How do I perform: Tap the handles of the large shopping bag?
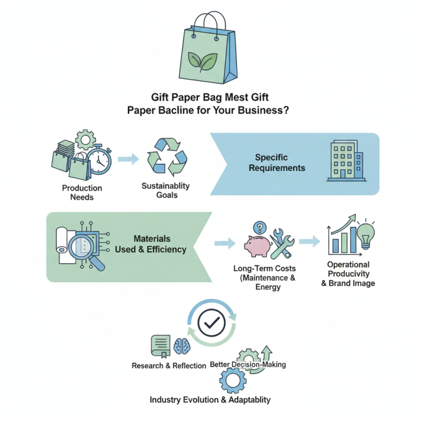coord(209,24)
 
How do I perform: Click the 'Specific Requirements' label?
coord(279,163)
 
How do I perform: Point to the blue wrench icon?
coord(284,244)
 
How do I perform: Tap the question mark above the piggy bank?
coord(258,227)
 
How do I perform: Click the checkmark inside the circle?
coord(211,323)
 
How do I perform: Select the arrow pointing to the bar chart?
coord(311,242)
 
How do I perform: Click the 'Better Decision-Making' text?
coord(248,364)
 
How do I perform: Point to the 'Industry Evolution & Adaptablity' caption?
coord(210,399)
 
